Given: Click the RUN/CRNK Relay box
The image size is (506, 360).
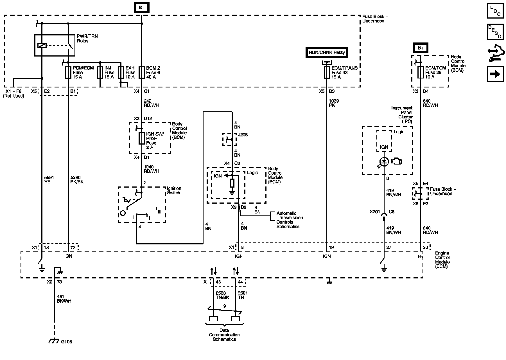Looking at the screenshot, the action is pos(327,52).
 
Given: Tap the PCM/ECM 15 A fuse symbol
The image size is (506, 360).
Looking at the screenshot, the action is pos(68,73).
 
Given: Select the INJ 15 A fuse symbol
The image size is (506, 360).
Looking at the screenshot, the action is pos(100,73).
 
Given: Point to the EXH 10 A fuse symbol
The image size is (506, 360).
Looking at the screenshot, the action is pos(121,73).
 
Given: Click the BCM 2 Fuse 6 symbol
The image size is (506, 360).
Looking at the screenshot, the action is pos(141,73).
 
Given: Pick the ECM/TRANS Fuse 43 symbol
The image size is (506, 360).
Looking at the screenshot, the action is pos(327,73).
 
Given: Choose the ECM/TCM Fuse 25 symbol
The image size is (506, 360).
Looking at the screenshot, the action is pos(421,73).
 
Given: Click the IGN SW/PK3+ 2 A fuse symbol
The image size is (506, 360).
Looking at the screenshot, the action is pos(142,138).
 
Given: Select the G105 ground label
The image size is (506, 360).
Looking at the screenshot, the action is pos(67,342).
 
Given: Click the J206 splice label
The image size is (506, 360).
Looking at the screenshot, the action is pos(243,135).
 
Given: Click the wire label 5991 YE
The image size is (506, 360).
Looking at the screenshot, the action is pos(49,180).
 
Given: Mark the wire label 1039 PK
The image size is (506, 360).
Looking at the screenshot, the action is pos(334,103).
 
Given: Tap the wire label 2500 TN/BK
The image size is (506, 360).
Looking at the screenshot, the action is pos(221,295).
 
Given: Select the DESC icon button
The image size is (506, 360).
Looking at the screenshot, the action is pos(495,31).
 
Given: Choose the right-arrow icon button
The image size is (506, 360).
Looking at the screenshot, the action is pos(495,74).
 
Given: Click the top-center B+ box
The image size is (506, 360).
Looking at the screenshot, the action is pos(141,8).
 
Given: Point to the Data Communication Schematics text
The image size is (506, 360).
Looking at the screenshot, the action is pos(224,335).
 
